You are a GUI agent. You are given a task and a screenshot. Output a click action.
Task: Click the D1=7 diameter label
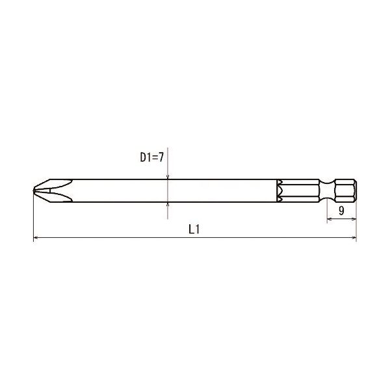[x=152, y=157]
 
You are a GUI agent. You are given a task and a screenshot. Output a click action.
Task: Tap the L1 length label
[x=194, y=229]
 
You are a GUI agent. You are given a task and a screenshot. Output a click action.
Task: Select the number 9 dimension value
[x=341, y=211]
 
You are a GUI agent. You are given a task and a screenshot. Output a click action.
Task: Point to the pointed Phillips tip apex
[x=34, y=190]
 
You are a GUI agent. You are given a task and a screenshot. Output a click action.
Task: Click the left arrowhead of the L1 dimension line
[x=36, y=237]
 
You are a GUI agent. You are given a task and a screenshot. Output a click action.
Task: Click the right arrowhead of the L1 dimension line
[x=354, y=237]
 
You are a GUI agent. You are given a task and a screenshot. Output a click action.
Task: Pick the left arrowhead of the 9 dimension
[x=330, y=219]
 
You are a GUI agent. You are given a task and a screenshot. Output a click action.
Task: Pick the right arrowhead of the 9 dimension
[x=354, y=219]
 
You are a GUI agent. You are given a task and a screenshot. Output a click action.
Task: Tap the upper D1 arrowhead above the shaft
[x=168, y=177]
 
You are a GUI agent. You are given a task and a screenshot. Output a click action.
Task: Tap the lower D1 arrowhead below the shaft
[x=168, y=204]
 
